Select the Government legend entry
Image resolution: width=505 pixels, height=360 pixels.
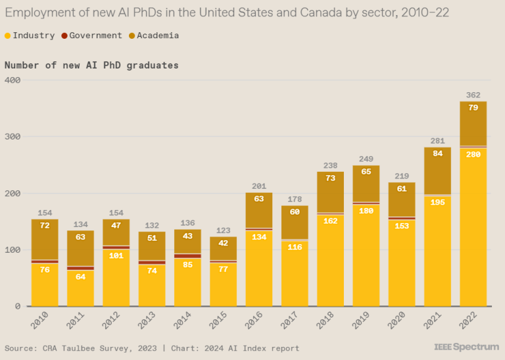(x=91, y=36)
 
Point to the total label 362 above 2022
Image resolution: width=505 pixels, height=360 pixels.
(x=473, y=95)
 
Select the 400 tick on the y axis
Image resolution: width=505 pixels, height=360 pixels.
(x=13, y=80)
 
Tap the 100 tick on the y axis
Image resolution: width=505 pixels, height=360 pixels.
(x=13, y=250)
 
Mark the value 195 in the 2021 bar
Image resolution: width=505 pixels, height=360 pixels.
(x=437, y=251)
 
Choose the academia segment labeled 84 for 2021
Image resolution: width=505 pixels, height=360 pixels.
(x=437, y=170)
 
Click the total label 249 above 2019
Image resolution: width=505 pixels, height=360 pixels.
(x=366, y=159)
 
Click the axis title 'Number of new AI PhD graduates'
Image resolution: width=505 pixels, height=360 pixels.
(x=91, y=65)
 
